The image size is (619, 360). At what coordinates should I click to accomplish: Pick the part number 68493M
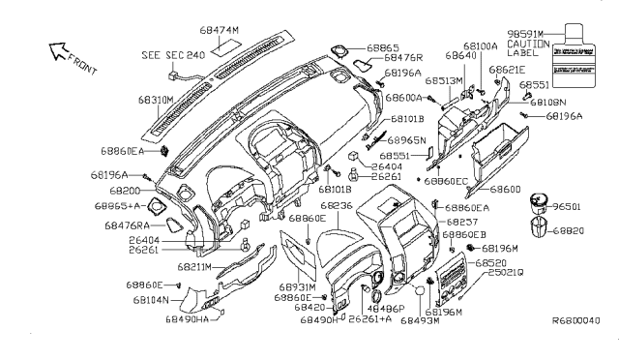420,319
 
